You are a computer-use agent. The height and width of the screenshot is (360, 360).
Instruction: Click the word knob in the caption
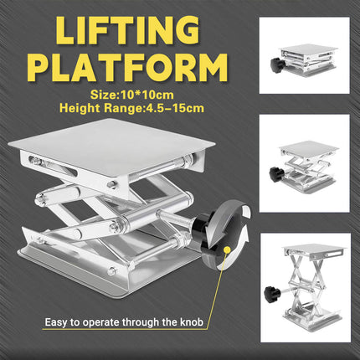click(x=193, y=321)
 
